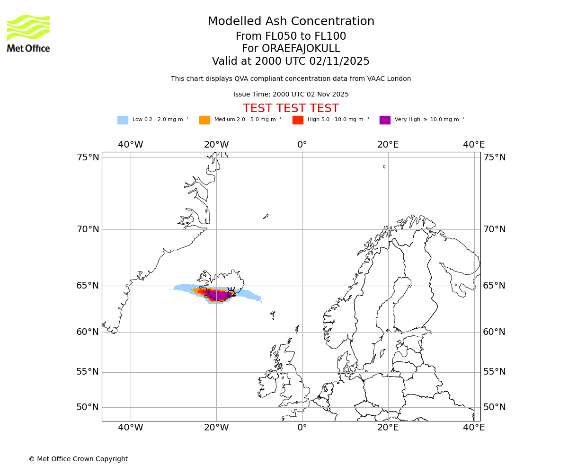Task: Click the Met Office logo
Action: tap(28, 33)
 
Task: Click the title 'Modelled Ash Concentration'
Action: tap(291, 21)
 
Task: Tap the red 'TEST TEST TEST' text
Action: tap(291, 108)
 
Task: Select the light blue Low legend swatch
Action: tap(123, 120)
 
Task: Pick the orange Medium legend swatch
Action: tap(204, 120)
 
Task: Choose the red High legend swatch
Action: tap(298, 120)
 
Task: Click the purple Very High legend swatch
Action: tap(385, 120)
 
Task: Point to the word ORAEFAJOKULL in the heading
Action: tap(307, 49)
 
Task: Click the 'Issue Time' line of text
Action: tap(291, 94)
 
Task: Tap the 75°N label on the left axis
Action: tap(88, 158)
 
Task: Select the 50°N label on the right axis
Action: tap(494, 407)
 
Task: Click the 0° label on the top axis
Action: tap(302, 145)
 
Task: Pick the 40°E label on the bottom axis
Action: tap(474, 428)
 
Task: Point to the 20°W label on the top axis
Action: tap(216, 145)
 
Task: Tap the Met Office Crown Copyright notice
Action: tap(78, 459)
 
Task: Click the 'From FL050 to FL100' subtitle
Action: tap(291, 36)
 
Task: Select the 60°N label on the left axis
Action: tap(88, 332)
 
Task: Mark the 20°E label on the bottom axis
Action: tap(388, 428)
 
